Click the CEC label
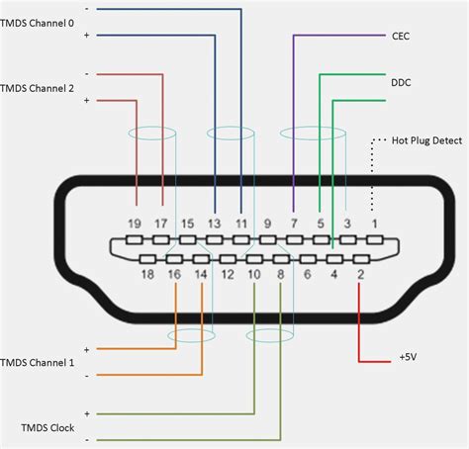[402, 36]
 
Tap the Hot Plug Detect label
[426, 140]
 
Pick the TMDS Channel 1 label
[44, 363]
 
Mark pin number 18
[147, 273]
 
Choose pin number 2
[360, 273]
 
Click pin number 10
[253, 273]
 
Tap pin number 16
[174, 273]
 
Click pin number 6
[307, 273]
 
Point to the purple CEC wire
[294, 119]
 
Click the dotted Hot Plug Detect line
[373, 178]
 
